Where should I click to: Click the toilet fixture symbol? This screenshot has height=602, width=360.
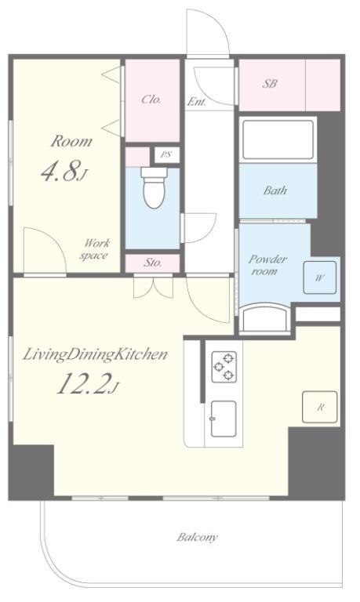(x=154, y=188)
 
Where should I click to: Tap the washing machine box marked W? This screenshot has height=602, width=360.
(x=320, y=277)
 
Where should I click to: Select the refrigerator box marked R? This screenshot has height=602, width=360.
(x=320, y=407)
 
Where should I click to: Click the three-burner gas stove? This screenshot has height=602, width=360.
(x=224, y=367)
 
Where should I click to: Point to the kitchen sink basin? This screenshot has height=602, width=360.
(x=224, y=419)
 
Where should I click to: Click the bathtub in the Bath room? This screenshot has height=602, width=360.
(x=278, y=140)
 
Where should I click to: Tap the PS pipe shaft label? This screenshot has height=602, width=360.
(x=166, y=155)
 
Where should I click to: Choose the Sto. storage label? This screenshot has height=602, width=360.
(x=153, y=263)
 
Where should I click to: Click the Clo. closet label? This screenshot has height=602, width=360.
(x=151, y=100)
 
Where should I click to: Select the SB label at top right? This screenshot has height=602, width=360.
(x=270, y=84)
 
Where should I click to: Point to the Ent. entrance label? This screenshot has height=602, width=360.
(x=197, y=102)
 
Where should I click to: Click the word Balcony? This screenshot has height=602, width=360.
(x=197, y=537)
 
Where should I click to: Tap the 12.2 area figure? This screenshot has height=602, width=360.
(x=83, y=383)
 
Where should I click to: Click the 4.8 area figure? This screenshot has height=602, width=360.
(x=60, y=171)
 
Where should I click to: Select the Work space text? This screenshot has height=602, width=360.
(x=95, y=249)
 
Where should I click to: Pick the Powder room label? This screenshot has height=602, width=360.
(x=267, y=265)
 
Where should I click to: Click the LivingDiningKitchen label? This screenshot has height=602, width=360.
(x=95, y=354)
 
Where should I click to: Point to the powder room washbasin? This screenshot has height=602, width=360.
(x=264, y=317)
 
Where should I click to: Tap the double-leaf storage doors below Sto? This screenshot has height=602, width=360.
(x=153, y=287)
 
